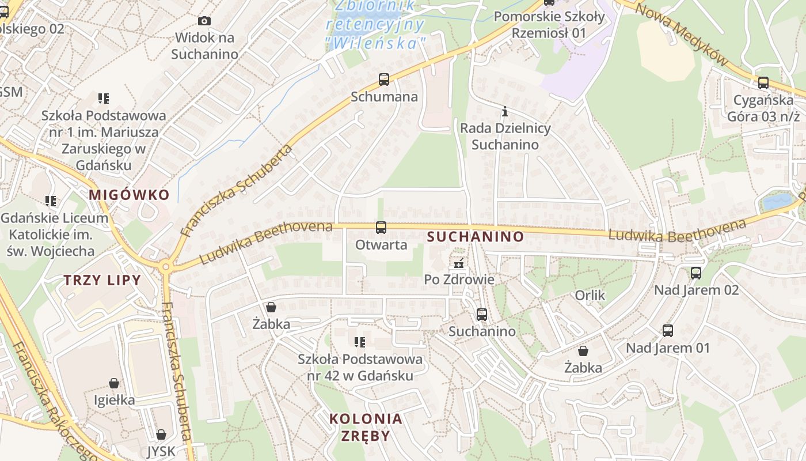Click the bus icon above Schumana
click(x=384, y=80)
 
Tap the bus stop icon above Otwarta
click(x=381, y=228)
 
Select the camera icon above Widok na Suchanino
click(x=204, y=21)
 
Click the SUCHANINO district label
click(x=476, y=236)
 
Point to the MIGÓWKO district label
click(x=130, y=195)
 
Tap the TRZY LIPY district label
click(x=102, y=281)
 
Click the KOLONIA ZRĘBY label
click(x=366, y=427)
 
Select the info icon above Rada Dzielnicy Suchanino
click(x=505, y=111)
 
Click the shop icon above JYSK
click(x=161, y=434)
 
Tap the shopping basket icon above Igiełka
click(x=114, y=383)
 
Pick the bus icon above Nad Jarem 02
click(x=696, y=273)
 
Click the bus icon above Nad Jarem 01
click(x=668, y=331)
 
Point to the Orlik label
click(x=590, y=296)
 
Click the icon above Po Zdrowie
click(x=459, y=263)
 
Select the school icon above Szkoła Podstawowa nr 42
click(x=360, y=342)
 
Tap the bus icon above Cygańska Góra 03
click(x=763, y=83)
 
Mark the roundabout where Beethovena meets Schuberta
click(x=166, y=266)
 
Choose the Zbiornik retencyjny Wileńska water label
click(x=375, y=24)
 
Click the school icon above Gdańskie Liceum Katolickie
click(x=51, y=201)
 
